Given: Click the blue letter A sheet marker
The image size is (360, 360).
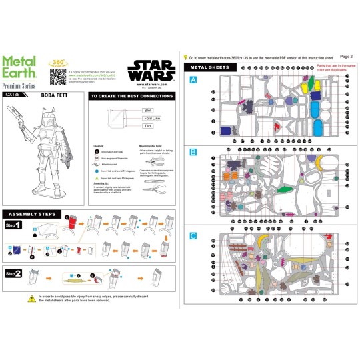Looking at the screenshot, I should point(193,79).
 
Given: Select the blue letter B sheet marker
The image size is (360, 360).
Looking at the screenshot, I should point(193,153).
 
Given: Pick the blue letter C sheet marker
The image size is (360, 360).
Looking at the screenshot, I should point(193,235).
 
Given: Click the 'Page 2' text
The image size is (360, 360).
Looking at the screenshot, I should point(346,57).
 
